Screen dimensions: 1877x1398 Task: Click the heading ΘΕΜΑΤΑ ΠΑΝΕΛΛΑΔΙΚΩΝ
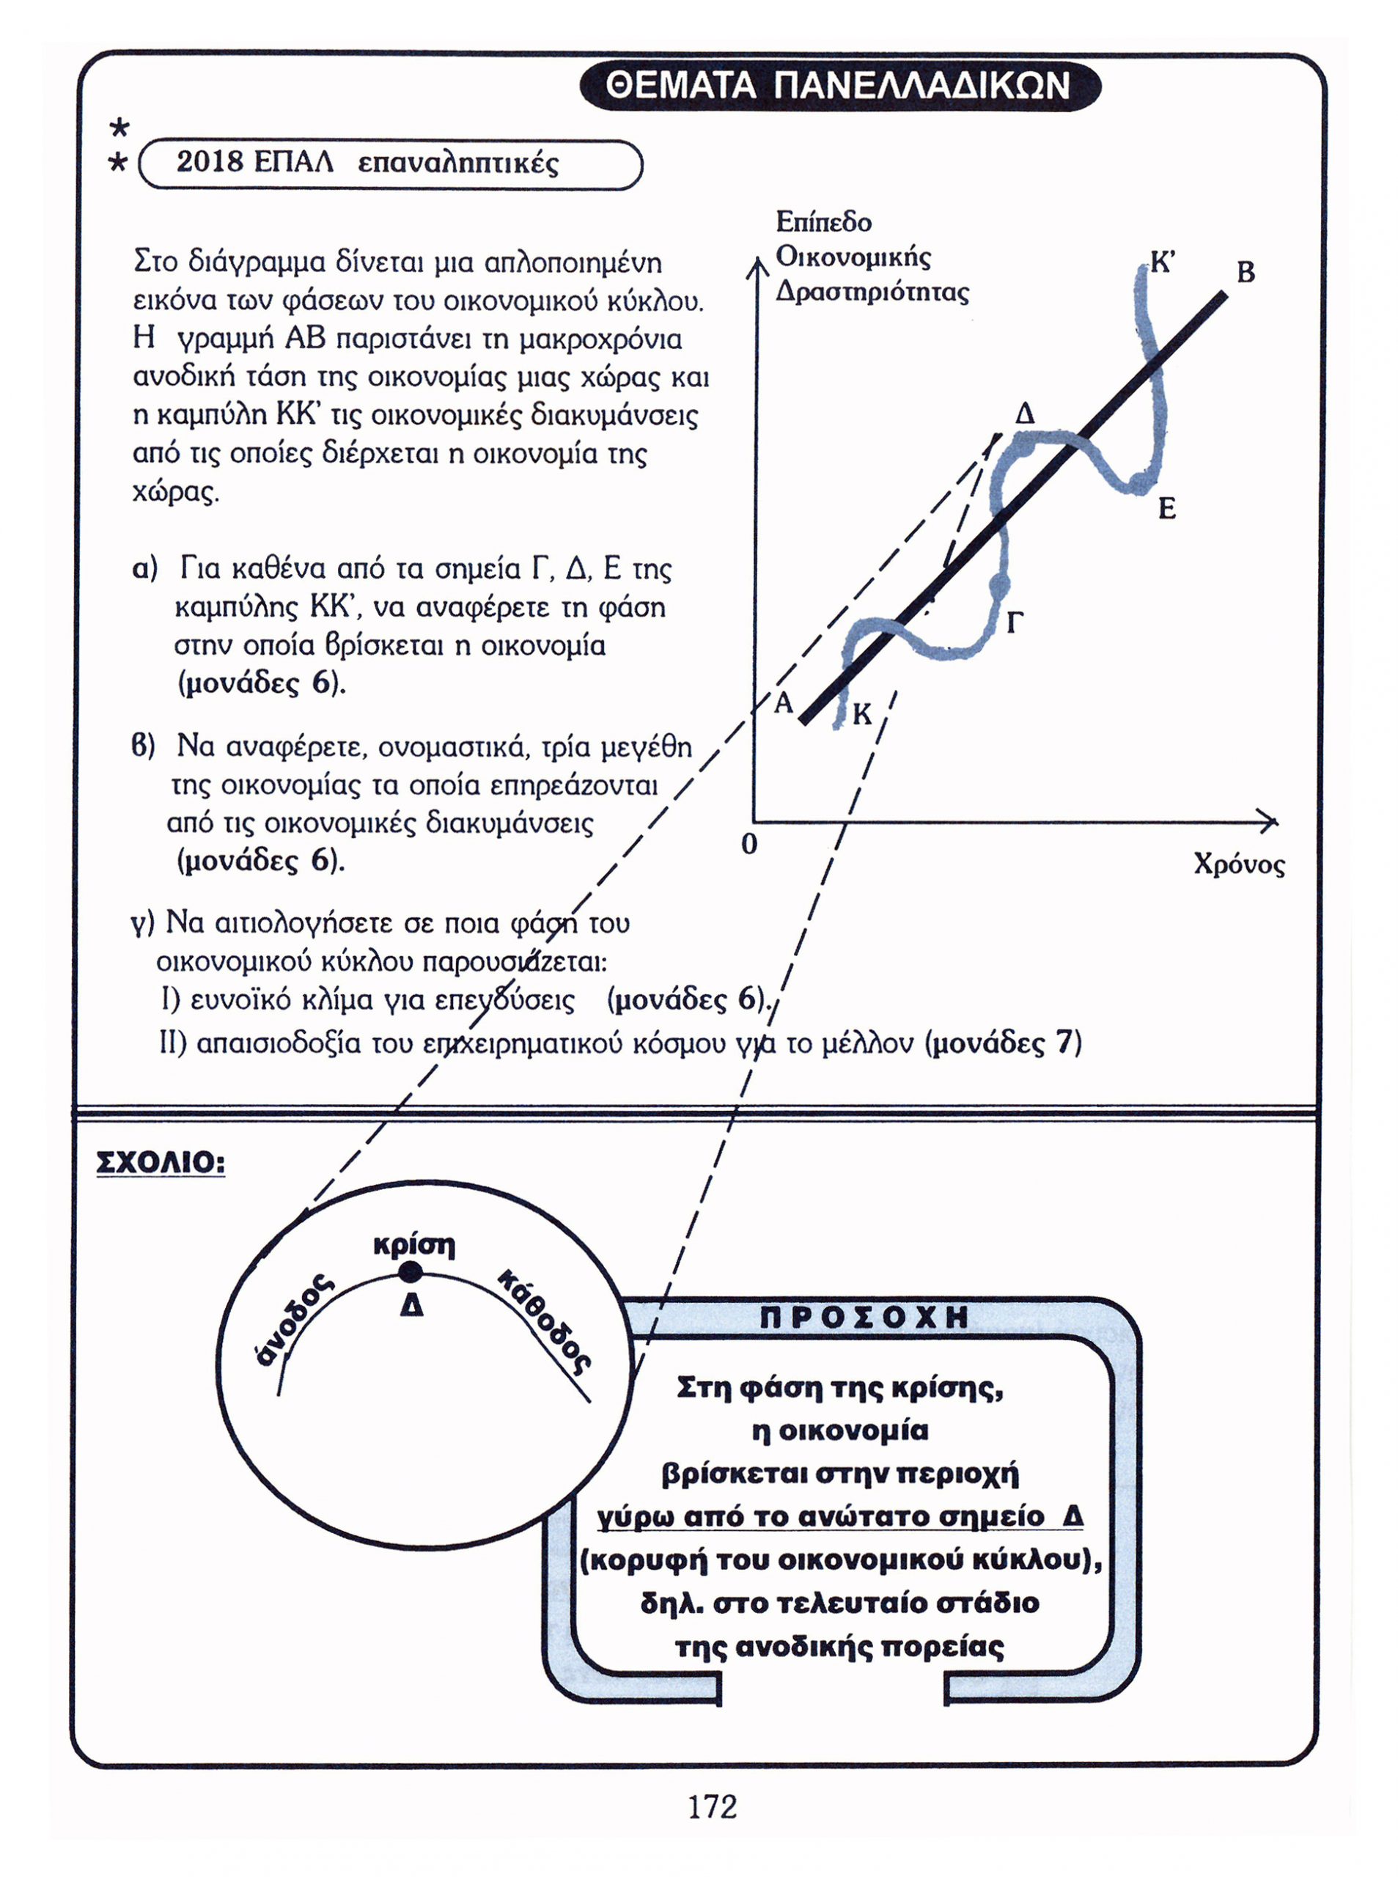pos(839,87)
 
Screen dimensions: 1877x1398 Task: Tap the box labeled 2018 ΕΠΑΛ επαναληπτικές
pos(389,164)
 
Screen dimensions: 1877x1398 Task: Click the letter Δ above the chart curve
pos(1025,415)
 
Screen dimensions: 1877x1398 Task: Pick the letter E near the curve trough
pos(1167,510)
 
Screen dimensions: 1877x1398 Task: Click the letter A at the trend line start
pos(784,702)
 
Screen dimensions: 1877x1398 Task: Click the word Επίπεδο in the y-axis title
pos(823,223)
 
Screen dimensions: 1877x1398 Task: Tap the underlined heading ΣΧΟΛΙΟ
pos(161,1163)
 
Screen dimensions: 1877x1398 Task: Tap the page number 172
pos(712,1807)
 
